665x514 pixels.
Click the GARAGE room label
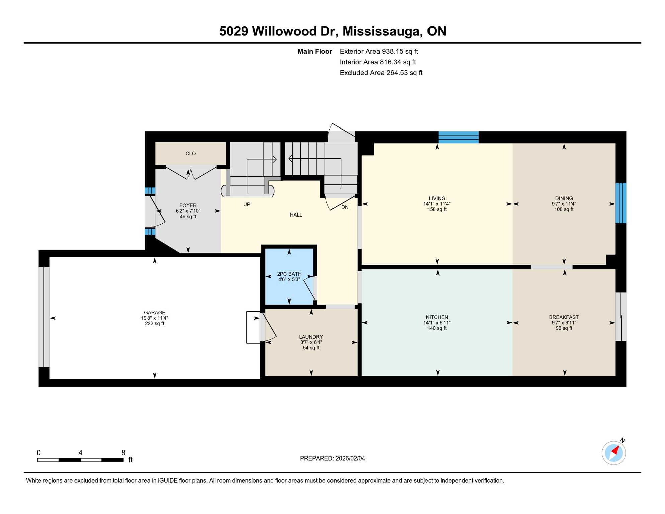pos(154,313)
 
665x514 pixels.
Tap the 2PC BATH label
pos(289,274)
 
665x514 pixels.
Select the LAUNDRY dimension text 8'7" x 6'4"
pos(311,342)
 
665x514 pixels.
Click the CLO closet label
pos(191,154)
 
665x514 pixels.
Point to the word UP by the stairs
pos(247,204)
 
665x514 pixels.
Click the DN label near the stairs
pos(345,207)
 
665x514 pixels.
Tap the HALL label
pos(296,215)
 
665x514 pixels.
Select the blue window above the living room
pos(458,137)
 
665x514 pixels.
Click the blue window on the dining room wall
pos(621,203)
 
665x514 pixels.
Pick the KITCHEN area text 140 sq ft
pos(437,328)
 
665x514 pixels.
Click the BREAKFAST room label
pos(564,317)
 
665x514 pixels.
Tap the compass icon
pos(613,453)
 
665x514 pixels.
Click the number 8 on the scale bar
pos(123,453)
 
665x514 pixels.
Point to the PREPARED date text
pos(332,458)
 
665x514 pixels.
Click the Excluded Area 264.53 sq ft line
pos(381,73)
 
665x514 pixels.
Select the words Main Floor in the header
pos(314,51)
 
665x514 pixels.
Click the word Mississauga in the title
pos(381,31)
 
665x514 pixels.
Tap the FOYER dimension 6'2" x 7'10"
pos(188,211)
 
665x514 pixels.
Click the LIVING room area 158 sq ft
pos(437,209)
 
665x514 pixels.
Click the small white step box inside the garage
pos(253,327)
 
